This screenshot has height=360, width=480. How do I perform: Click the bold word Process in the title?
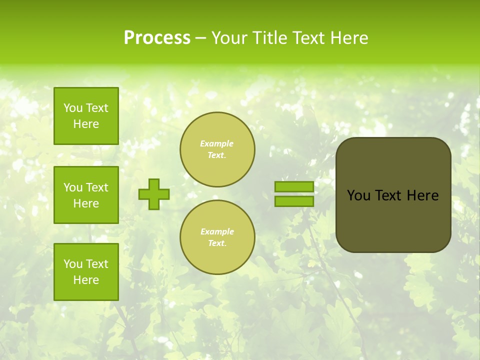(x=157, y=37)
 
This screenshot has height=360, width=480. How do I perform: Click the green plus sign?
(x=154, y=194)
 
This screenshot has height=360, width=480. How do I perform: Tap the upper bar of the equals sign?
(x=294, y=186)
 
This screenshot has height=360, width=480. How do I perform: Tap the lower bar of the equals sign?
(x=294, y=201)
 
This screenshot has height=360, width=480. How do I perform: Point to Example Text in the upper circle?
(x=217, y=149)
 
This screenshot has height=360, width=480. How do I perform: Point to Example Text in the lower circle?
(x=217, y=237)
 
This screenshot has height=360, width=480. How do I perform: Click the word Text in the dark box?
(x=388, y=195)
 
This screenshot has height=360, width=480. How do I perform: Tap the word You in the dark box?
(x=358, y=195)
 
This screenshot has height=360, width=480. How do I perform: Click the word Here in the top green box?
(x=86, y=124)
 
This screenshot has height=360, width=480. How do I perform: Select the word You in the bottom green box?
(x=73, y=263)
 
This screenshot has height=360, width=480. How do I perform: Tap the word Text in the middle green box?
(x=97, y=187)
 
